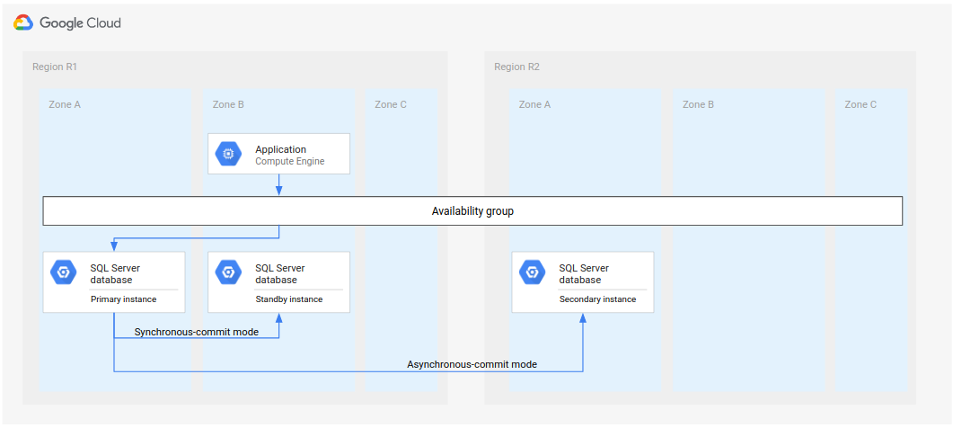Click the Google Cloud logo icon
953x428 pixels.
pos(23,22)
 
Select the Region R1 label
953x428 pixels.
pos(55,67)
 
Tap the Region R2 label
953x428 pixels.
pos(516,67)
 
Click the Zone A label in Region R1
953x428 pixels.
pos(65,104)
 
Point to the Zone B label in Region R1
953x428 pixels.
pos(228,104)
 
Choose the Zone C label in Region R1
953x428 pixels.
pos(391,104)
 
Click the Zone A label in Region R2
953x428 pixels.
pos(534,104)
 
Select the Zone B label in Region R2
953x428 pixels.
pos(698,104)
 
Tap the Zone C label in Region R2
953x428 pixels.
pos(860,104)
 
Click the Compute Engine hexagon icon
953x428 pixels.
pos(228,155)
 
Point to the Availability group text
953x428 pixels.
pos(472,211)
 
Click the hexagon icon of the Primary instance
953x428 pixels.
pos(63,272)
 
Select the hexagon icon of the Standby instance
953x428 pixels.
pos(228,272)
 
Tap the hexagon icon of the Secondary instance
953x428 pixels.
pos(532,272)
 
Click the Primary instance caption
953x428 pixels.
pos(123,299)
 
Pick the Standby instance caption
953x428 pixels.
pos(288,299)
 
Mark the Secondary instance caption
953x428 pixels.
pos(597,299)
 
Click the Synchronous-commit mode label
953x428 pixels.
pos(196,332)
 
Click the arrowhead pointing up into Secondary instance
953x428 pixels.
pos(583,319)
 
